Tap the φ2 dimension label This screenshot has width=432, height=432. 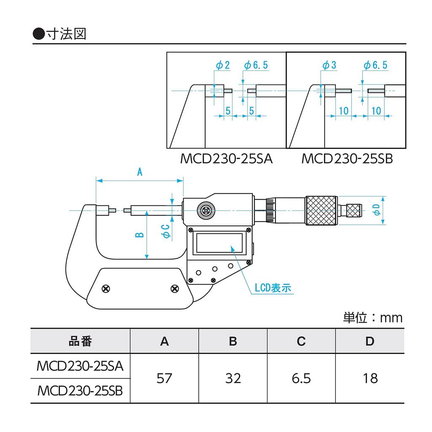[x=223, y=65]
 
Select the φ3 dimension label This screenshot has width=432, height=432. [x=329, y=65]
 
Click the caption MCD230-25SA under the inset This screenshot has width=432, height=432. [x=227, y=159]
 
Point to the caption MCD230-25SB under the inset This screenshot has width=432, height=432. [x=347, y=159]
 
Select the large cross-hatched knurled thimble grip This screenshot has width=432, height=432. [x=321, y=211]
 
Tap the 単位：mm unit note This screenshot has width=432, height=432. [x=373, y=318]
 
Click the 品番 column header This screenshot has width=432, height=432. [x=80, y=341]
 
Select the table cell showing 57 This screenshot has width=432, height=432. [x=164, y=378]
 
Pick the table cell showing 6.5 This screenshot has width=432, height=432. [x=301, y=378]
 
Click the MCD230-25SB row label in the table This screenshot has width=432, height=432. [x=80, y=391]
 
